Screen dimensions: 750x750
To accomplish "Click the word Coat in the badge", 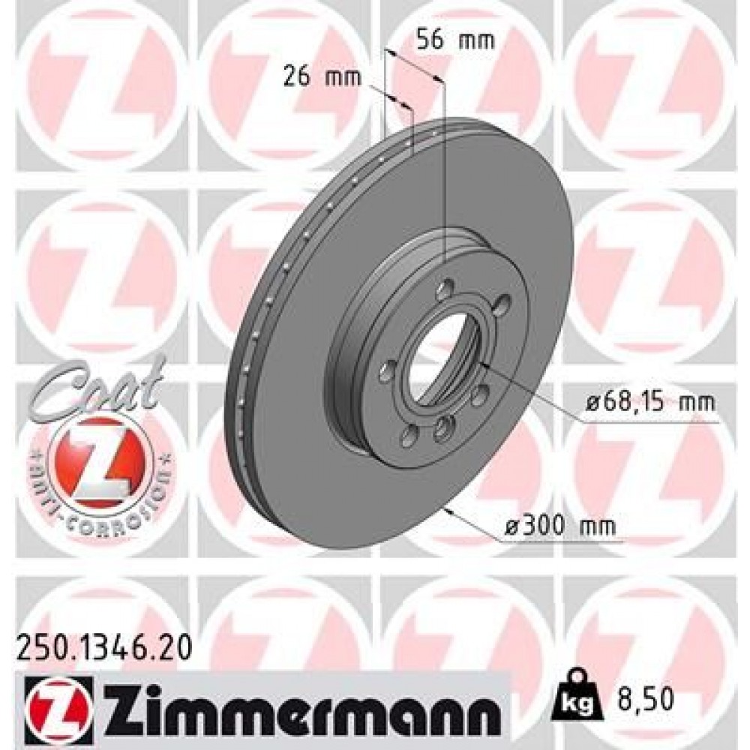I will pos(97,385).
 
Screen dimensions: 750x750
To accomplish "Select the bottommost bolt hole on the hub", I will pos(443,427).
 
